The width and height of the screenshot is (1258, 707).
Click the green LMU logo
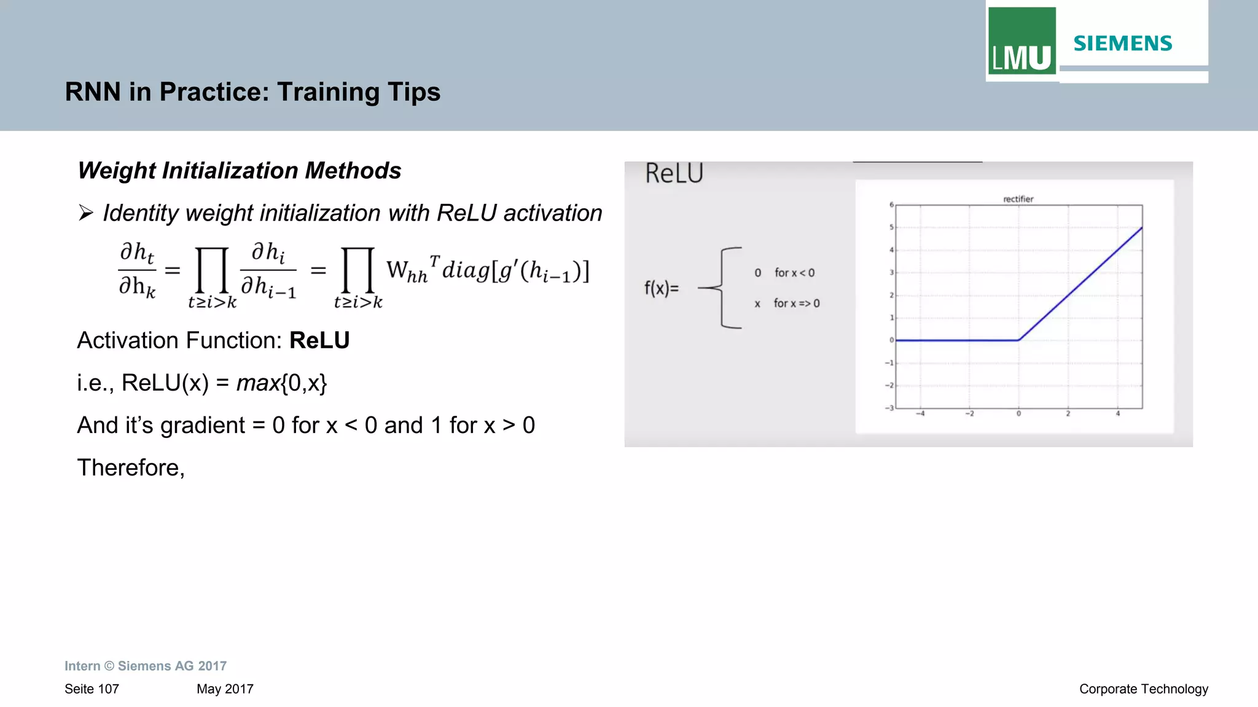click(x=1022, y=41)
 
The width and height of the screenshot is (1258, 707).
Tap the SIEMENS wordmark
click(x=1123, y=44)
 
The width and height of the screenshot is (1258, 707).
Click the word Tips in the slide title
click(x=413, y=92)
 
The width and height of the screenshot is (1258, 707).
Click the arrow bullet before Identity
click(x=85, y=213)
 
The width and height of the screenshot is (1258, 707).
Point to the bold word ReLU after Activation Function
click(x=319, y=340)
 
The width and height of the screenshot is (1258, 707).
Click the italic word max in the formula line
click(x=258, y=383)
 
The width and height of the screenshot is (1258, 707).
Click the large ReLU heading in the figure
click(x=674, y=174)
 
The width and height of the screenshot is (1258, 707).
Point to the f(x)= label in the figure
click(x=662, y=288)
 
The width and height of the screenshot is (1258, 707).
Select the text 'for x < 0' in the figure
click(x=794, y=273)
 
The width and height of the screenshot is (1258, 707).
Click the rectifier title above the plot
click(x=1018, y=199)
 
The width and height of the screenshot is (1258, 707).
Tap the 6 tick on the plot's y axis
click(x=891, y=205)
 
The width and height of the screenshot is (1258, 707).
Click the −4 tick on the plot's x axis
click(x=920, y=414)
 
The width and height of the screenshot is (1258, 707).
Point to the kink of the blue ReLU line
click(x=1018, y=340)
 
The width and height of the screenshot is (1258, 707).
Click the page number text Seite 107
click(x=92, y=689)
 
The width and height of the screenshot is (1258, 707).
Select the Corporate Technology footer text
click(x=1143, y=689)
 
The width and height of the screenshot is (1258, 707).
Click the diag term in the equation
click(x=466, y=270)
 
